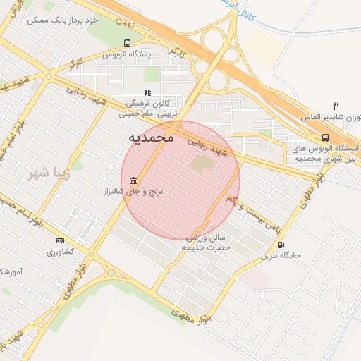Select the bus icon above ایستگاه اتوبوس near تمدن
(126, 42)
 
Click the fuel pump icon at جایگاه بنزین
(282, 245)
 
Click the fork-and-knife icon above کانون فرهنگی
(147, 92)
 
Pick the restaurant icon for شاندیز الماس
(336, 106)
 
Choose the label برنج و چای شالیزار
(133, 192)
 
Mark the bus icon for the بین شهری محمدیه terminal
(325, 138)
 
